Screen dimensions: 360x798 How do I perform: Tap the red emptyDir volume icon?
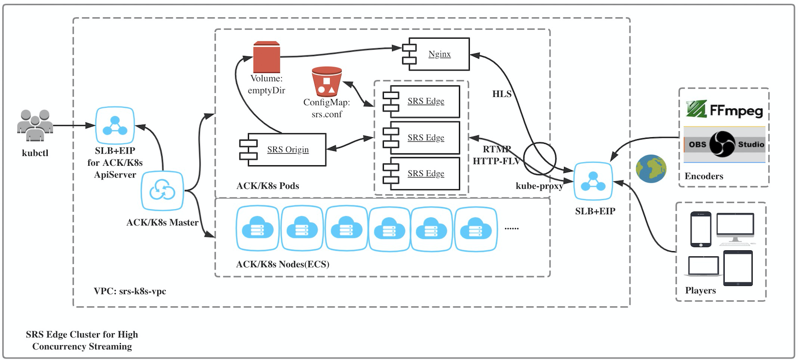tap(267, 57)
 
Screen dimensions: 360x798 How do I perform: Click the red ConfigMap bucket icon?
tap(326, 81)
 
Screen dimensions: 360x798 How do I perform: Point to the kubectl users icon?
tap(35, 125)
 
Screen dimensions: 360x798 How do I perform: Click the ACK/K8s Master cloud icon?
tap(162, 191)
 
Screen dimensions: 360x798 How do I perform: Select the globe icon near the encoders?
tap(651, 168)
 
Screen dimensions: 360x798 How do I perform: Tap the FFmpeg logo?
tap(724, 110)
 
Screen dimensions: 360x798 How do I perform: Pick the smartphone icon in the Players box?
tap(700, 229)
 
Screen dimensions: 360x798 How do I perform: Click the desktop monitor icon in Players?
tap(735, 227)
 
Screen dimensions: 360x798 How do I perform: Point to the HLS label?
tap(502, 94)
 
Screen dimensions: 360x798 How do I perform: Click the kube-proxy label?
tap(539, 186)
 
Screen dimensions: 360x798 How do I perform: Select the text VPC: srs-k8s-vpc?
tap(130, 291)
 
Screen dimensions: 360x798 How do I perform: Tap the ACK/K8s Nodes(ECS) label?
tap(282, 264)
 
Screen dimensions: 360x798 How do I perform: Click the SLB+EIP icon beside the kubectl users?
tap(115, 125)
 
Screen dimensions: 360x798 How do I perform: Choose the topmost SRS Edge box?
tap(425, 101)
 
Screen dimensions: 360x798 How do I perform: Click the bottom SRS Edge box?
tap(425, 174)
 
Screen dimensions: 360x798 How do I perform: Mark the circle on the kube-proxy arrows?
tap(539, 158)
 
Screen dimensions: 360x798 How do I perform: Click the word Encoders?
tap(704, 176)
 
